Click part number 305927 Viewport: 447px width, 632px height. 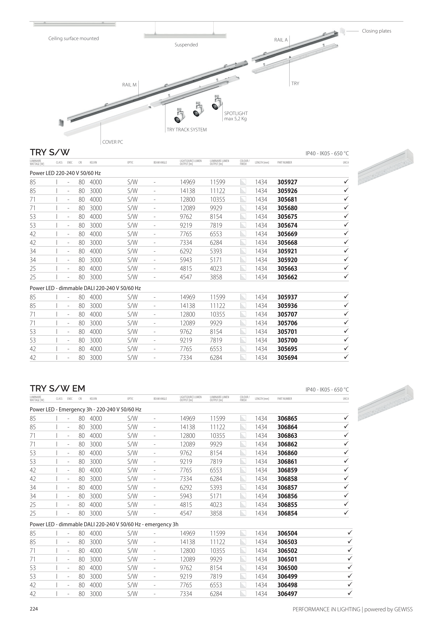(x=287, y=182)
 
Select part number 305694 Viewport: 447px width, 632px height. (x=287, y=358)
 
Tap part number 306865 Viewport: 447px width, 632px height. (x=287, y=419)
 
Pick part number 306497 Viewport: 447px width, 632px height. (x=287, y=594)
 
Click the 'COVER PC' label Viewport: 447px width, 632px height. (x=113, y=142)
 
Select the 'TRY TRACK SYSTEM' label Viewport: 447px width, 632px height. (x=187, y=130)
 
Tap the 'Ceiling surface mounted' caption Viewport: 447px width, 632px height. (x=74, y=38)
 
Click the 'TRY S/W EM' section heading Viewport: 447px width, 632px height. (x=57, y=389)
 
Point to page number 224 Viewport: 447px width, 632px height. (x=34, y=609)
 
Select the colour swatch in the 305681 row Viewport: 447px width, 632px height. (x=243, y=199)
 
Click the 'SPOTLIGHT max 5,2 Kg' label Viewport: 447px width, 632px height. (x=236, y=116)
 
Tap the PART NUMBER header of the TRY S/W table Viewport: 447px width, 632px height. (x=285, y=162)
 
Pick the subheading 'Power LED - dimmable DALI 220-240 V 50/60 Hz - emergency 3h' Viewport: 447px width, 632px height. (x=104, y=524)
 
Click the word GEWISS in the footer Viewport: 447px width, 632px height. (x=403, y=609)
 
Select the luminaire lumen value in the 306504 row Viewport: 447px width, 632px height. (x=217, y=533)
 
